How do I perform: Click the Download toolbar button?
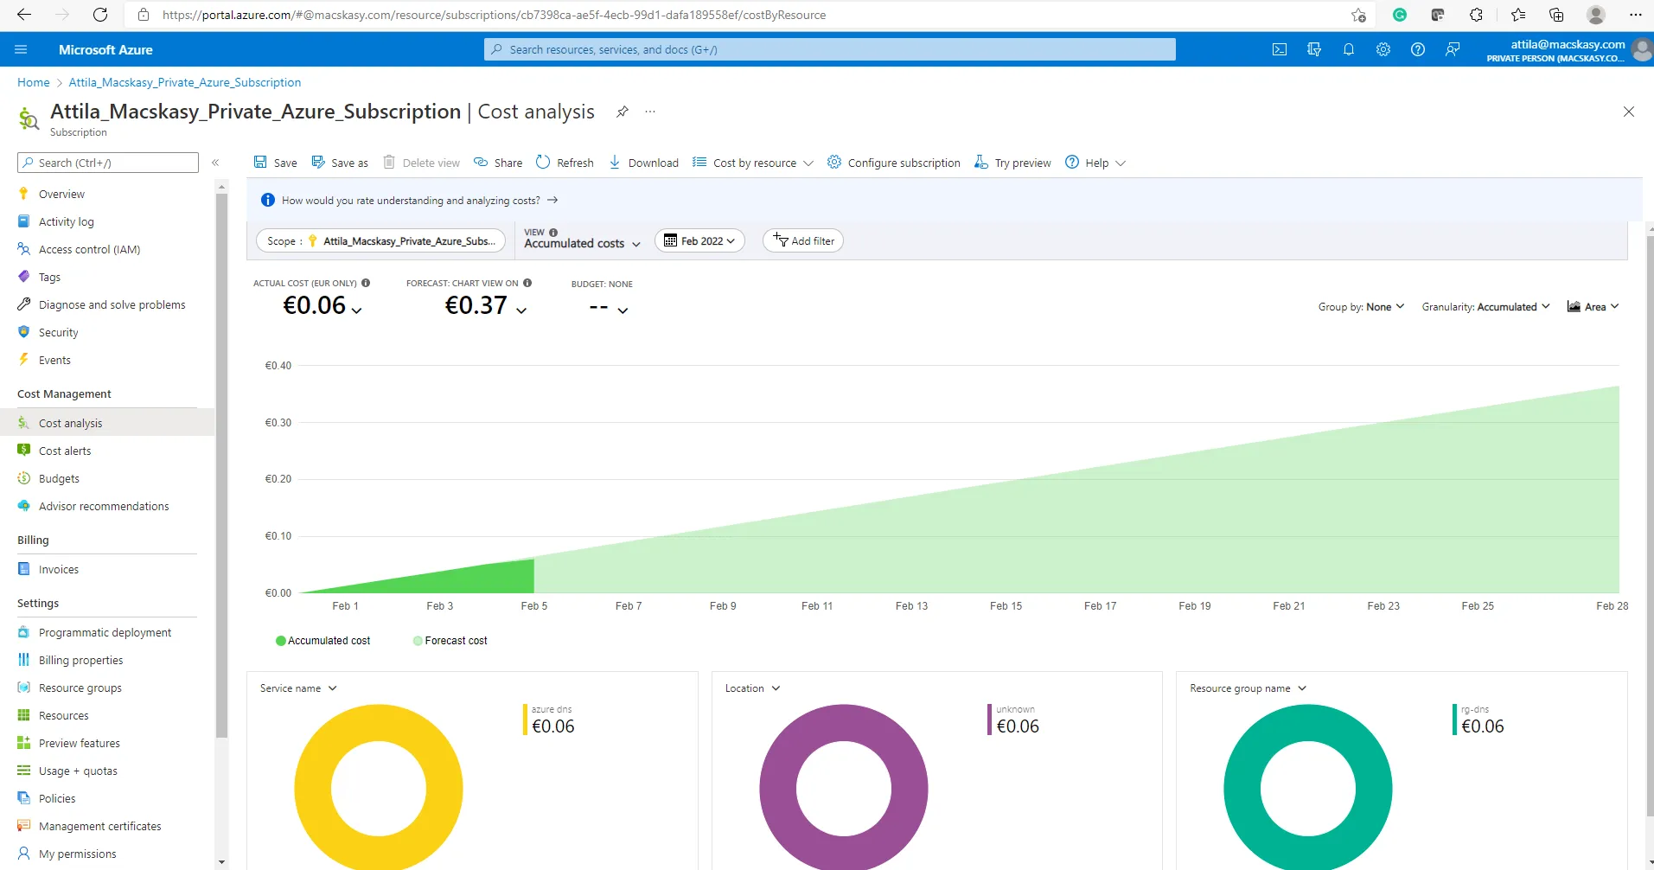click(643, 163)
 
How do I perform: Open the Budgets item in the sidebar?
click(59, 478)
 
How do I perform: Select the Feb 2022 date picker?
click(699, 241)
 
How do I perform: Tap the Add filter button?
click(803, 241)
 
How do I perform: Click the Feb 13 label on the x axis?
click(911, 606)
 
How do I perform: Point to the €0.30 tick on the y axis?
click(278, 423)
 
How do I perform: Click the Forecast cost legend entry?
click(450, 641)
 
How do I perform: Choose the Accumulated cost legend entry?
click(323, 641)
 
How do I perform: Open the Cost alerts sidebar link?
click(65, 451)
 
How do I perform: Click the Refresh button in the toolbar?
click(565, 163)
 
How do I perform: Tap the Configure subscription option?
click(894, 163)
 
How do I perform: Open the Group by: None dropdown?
click(1362, 307)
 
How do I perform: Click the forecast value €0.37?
click(476, 305)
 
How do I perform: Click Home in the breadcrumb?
click(34, 82)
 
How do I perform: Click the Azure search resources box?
click(830, 49)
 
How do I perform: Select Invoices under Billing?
click(58, 569)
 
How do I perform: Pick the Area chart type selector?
click(1593, 307)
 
